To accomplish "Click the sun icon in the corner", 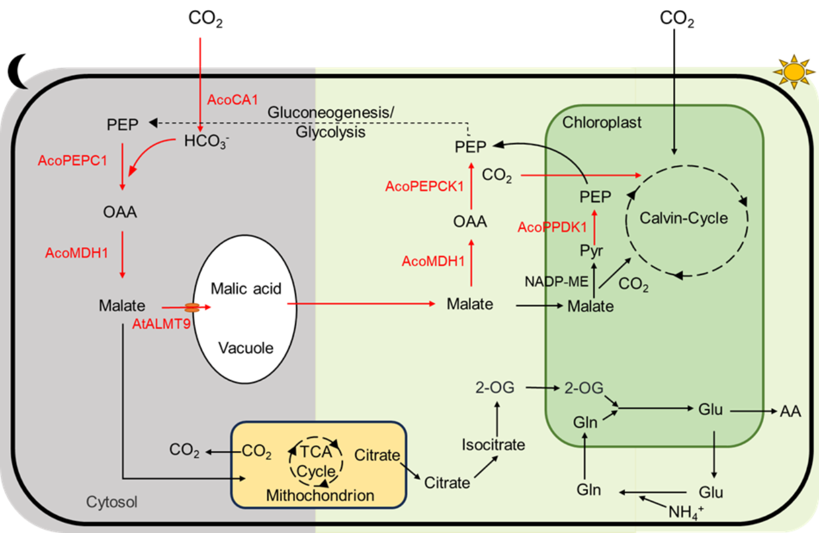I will point(794,71).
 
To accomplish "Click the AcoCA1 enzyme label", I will point(233,100).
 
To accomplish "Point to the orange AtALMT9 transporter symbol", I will point(192,307).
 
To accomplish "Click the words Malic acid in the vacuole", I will point(246,289).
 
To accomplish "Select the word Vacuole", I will point(245,348).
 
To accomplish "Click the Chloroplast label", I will point(602,123).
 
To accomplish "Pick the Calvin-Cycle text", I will point(684,218).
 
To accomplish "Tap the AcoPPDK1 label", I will point(552,227).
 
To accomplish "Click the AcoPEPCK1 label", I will point(424,187).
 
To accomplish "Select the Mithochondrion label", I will point(320,495).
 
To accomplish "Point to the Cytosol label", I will point(112,501).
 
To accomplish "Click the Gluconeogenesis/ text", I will point(331,112).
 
